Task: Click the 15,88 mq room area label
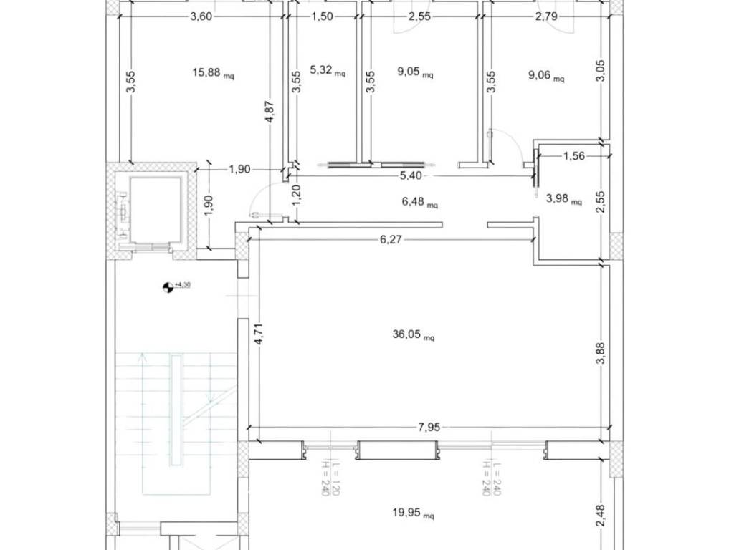(213, 73)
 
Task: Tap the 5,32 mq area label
(328, 71)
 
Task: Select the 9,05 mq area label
(415, 73)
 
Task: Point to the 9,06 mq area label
(546, 75)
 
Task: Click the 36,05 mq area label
(414, 334)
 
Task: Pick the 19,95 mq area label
(414, 513)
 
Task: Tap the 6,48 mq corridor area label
(420, 202)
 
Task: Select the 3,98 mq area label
(564, 199)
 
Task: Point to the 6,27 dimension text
(391, 240)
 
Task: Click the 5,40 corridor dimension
(410, 176)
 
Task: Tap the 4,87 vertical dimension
(270, 112)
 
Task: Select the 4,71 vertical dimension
(259, 334)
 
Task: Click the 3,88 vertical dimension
(601, 352)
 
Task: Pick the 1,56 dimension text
(574, 155)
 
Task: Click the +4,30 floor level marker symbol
(167, 287)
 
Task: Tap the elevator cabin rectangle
(155, 210)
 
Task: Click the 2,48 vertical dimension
(601, 516)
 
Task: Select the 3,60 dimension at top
(201, 17)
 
